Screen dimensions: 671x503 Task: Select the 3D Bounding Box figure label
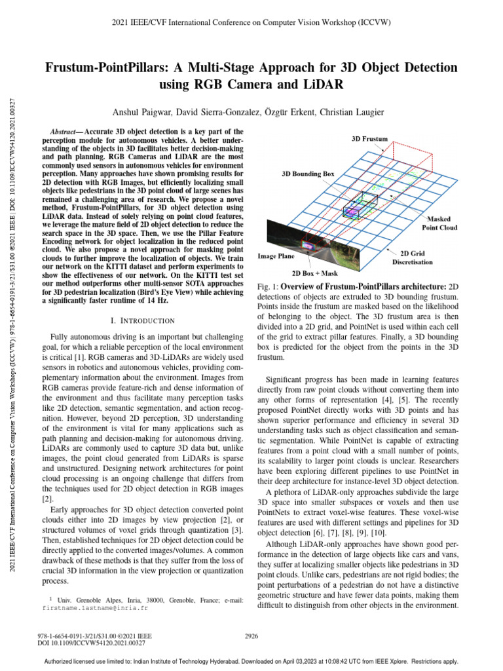point(308,174)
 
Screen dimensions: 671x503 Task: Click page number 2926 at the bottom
point(251,636)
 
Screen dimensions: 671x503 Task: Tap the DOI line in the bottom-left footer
point(92,643)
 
